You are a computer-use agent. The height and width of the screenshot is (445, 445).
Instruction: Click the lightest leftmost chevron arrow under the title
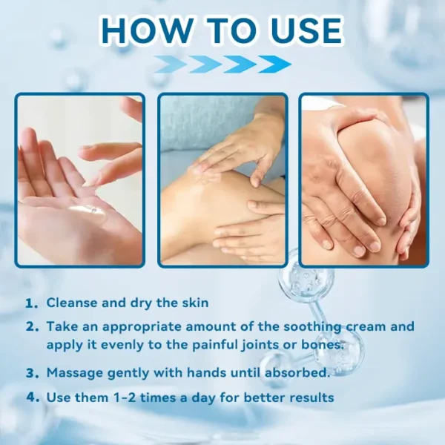tap(171, 65)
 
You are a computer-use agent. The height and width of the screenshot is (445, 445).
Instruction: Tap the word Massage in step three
tap(76, 373)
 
